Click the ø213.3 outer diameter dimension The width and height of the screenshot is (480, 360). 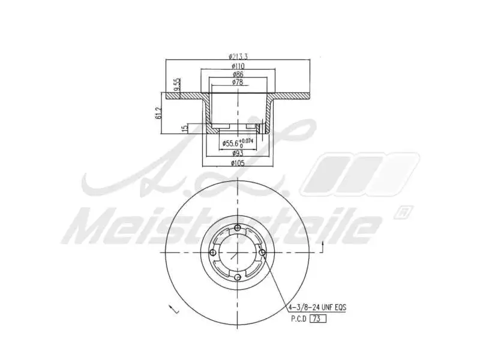[x=238, y=56]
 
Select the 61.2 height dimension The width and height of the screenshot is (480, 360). [x=159, y=113]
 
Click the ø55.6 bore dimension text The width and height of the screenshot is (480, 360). [x=231, y=143]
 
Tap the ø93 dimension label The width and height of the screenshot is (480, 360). [x=238, y=153]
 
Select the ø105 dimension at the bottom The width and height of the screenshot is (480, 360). [x=238, y=163]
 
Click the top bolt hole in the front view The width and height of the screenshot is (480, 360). [x=238, y=227]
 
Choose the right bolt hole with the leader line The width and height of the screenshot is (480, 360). [x=263, y=252]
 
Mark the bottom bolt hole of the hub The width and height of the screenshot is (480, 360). [x=238, y=277]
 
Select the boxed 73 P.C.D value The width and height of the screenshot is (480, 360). [x=318, y=319]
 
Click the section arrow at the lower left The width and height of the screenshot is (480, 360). [x=173, y=309]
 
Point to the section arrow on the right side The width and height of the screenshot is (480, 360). [x=322, y=245]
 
